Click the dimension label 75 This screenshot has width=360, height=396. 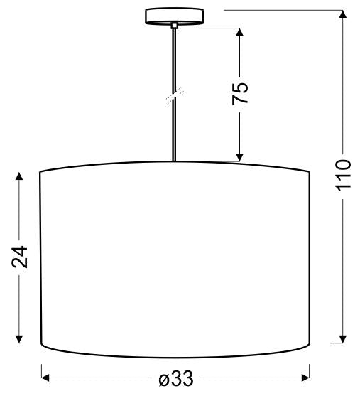click(x=241, y=92)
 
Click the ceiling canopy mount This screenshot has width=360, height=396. click(x=173, y=16)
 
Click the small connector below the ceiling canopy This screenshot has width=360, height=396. click(x=173, y=26)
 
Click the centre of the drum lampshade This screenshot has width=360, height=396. click(x=175, y=259)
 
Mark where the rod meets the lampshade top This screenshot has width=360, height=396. click(x=174, y=161)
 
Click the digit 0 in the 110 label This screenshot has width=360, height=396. click(x=343, y=165)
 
